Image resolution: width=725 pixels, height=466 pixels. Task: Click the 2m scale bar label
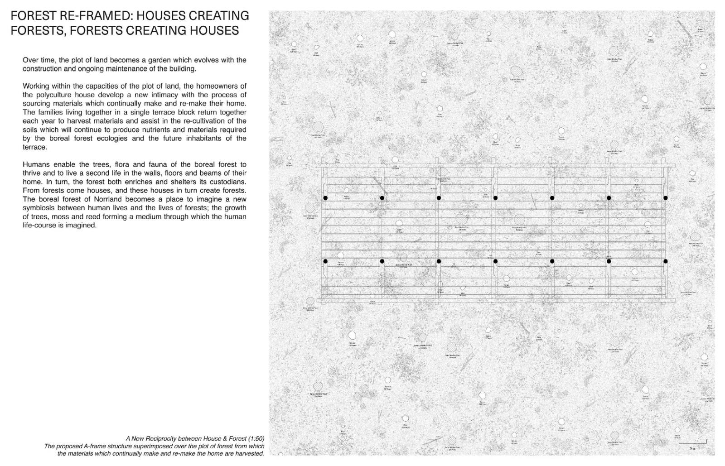[692, 448]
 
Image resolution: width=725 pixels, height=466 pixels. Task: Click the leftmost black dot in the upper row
[325, 198]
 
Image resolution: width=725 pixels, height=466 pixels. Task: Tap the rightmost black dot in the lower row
[665, 261]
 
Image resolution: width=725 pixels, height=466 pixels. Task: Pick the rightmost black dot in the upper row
[665, 198]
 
